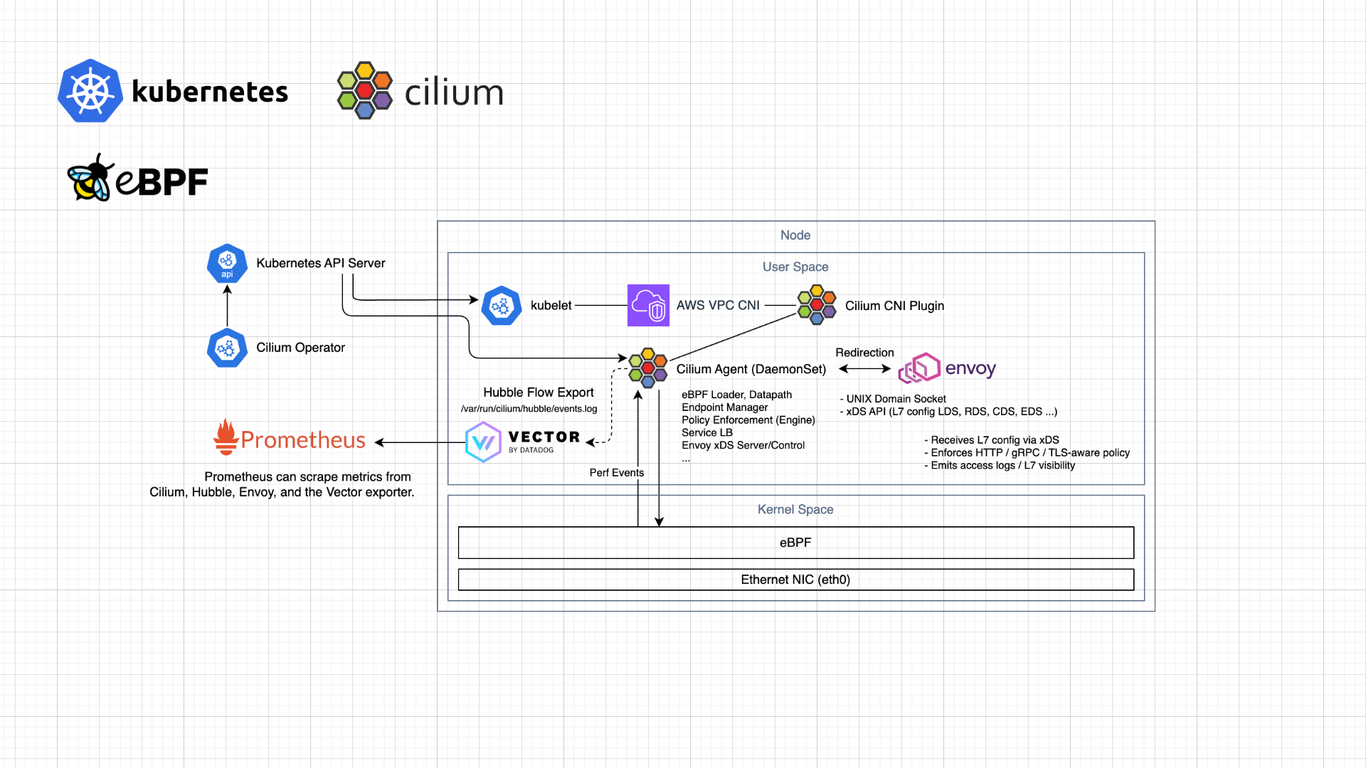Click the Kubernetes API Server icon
pyautogui.click(x=227, y=264)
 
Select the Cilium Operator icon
pyautogui.click(x=227, y=348)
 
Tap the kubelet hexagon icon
pyautogui.click(x=502, y=306)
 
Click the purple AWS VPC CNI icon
pyautogui.click(x=648, y=305)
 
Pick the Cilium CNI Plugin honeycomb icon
pyautogui.click(x=817, y=305)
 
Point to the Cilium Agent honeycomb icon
pyautogui.click(x=647, y=368)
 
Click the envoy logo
pyautogui.click(x=946, y=368)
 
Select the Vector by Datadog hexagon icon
pyautogui.click(x=483, y=442)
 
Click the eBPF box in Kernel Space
pyautogui.click(x=795, y=543)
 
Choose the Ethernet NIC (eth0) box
pyautogui.click(x=795, y=580)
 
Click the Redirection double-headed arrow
pyautogui.click(x=864, y=368)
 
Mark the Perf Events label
pyautogui.click(x=616, y=473)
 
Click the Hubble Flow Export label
pyautogui.click(x=538, y=393)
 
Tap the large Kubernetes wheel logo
pyautogui.click(x=90, y=91)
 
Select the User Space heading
pyautogui.click(x=795, y=267)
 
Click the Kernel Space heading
pyautogui.click(x=795, y=509)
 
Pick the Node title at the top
pyautogui.click(x=795, y=235)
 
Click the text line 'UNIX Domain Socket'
pyautogui.click(x=896, y=399)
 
